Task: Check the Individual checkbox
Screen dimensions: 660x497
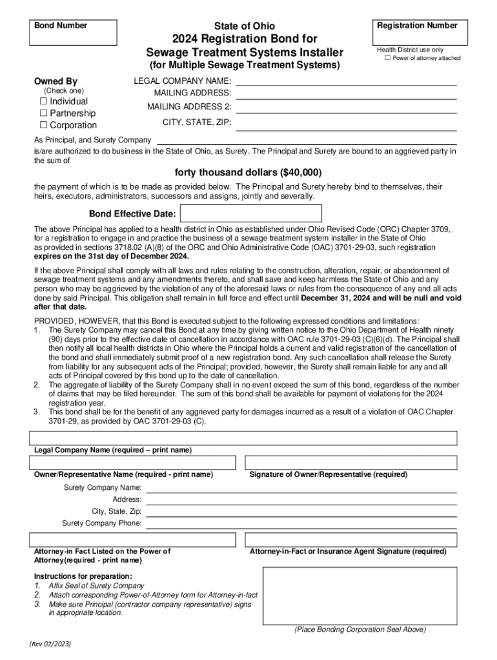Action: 44,101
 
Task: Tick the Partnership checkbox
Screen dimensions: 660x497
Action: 44,113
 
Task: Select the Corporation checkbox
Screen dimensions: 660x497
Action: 44,125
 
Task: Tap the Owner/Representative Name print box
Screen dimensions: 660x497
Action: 133,463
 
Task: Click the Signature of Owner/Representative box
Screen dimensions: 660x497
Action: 350,463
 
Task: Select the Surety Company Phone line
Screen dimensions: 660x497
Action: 301,523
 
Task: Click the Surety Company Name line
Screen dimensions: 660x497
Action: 301,488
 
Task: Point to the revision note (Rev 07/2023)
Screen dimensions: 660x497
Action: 50,644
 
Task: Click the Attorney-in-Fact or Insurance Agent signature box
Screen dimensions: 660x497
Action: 350,539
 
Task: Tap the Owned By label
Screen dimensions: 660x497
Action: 56,81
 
